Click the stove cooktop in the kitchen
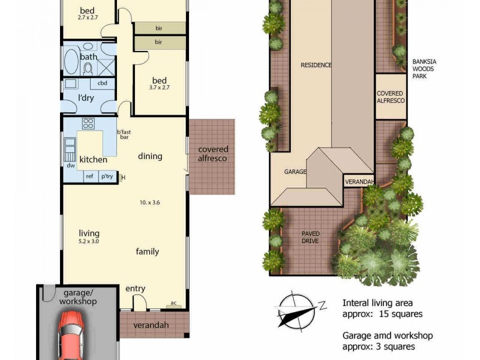pos(88,124)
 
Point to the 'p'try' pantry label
pos(107,176)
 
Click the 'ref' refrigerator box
pos(89,176)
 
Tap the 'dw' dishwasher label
pos(71,165)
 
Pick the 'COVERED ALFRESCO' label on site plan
pos(390,97)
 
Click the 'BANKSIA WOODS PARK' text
pos(427,69)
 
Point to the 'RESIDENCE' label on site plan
pos(316,65)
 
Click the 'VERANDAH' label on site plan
pos(359,181)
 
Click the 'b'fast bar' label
pos(124,135)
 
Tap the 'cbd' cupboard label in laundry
pos(102,83)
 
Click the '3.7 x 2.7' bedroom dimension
pos(159,88)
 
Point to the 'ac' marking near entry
pos(173,302)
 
